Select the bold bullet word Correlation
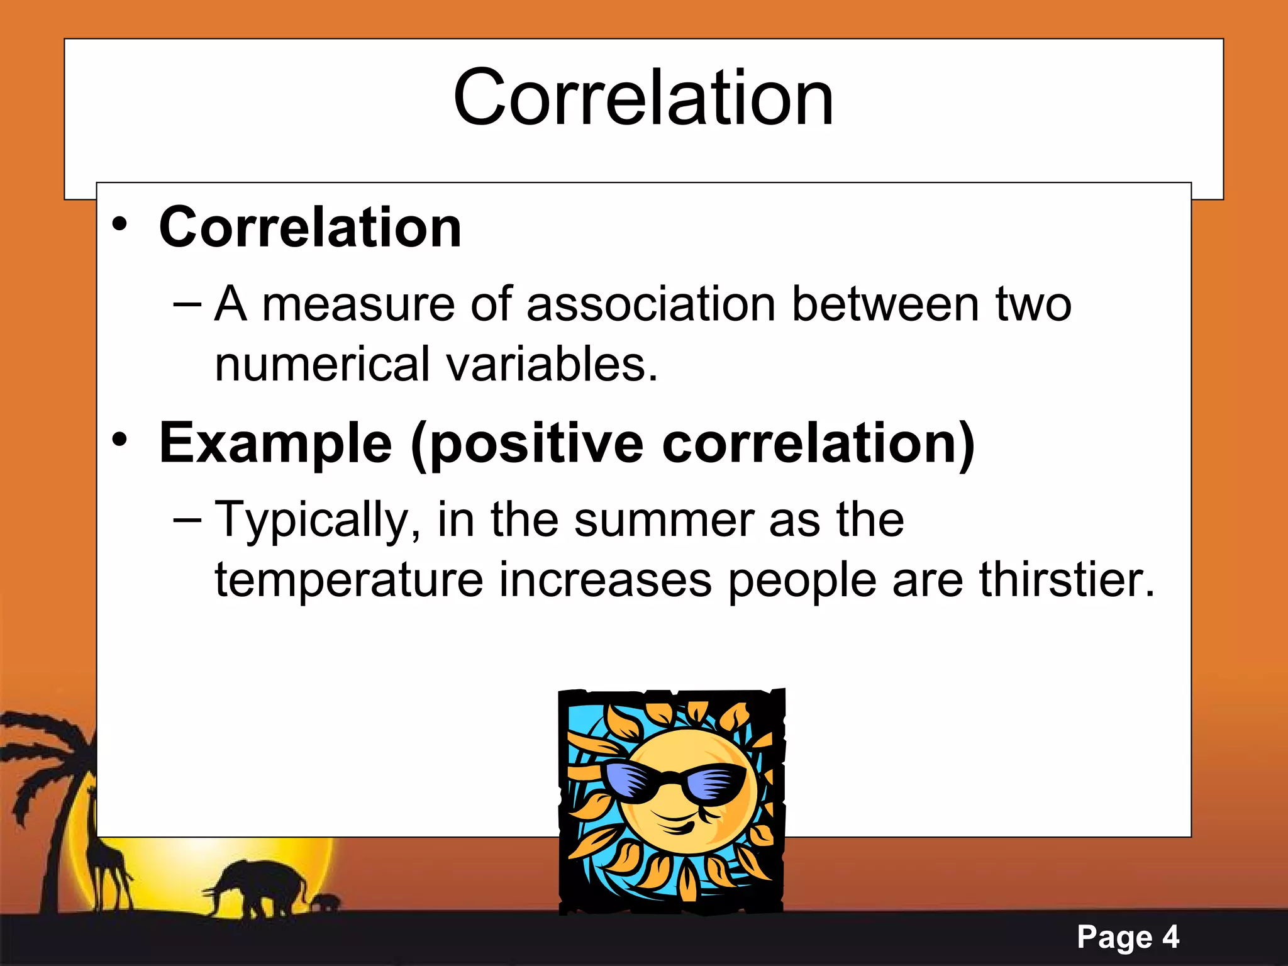[310, 228]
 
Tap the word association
[650, 304]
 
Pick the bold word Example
[275, 444]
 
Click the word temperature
[348, 580]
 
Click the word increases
[605, 580]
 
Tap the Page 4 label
[1128, 938]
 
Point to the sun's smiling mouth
[679, 821]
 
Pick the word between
[885, 304]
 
